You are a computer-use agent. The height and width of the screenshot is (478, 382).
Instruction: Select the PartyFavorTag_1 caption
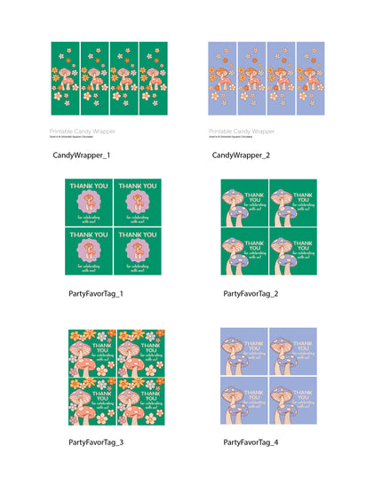(95, 293)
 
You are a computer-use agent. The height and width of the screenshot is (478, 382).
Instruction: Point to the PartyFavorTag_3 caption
(95, 442)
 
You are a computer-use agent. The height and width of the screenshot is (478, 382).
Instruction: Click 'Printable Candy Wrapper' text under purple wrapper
(239, 131)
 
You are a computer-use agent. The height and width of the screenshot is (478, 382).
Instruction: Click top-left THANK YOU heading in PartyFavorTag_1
(89, 187)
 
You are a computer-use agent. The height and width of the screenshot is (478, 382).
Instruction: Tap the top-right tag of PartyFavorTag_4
(293, 353)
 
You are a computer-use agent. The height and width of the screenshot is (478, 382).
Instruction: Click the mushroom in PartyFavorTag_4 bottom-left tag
(233, 404)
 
